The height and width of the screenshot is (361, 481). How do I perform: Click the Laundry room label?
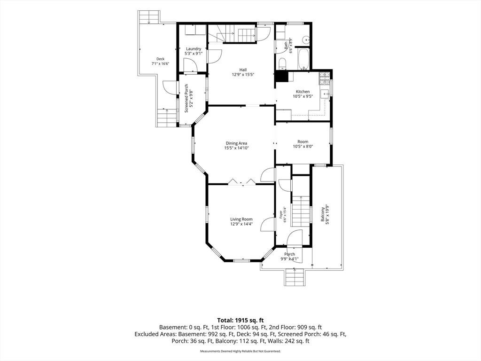pos(194,49)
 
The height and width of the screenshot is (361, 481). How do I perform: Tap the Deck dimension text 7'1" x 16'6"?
pos(161,64)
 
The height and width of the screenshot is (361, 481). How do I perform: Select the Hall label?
pos(243,70)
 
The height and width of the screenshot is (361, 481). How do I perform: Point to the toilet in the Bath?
pos(282,64)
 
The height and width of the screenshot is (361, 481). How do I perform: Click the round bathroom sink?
pos(305,40)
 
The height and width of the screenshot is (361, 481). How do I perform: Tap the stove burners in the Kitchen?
pos(324,78)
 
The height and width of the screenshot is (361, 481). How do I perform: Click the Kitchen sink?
pos(325,94)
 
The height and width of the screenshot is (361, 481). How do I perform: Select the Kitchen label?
pos(303,92)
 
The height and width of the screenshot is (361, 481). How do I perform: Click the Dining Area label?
pos(236,143)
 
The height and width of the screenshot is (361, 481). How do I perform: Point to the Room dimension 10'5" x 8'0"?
pos(303,147)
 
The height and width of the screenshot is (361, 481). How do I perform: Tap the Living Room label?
pos(241,219)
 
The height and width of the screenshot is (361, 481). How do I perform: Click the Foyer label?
pos(280,214)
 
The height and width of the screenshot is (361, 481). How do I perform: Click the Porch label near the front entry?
pos(289,254)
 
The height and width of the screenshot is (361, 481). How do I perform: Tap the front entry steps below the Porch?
pos(295,277)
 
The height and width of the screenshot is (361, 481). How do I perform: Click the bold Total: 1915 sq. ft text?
pos(240,321)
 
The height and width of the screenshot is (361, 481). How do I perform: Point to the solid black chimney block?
pos(281,76)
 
